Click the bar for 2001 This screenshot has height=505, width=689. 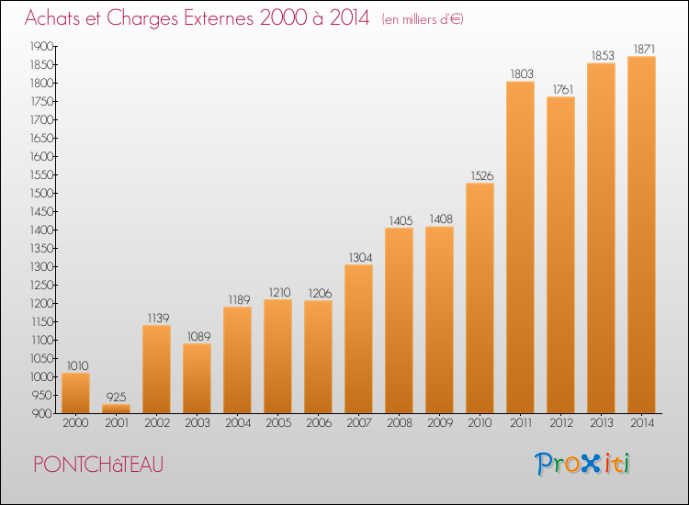116,409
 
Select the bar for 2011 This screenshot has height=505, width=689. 520,247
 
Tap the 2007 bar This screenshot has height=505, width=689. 358,339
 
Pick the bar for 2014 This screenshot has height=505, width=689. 641,234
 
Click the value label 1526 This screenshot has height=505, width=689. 482,175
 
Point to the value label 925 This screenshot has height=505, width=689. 116,397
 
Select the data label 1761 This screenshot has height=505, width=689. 563,90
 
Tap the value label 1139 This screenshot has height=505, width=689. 158,318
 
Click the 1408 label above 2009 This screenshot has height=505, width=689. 441,219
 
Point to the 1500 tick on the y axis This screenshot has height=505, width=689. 41,193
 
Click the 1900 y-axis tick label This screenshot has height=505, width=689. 41,47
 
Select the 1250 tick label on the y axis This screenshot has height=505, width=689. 41,285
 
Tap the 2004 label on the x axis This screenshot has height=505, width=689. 238,423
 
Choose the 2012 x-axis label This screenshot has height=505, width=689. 561,423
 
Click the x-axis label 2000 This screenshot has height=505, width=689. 75,423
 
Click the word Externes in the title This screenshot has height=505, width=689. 219,17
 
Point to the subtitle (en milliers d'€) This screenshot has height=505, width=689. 423,19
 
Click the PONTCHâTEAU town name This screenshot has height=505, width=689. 98,465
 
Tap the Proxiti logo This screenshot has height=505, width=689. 582,464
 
